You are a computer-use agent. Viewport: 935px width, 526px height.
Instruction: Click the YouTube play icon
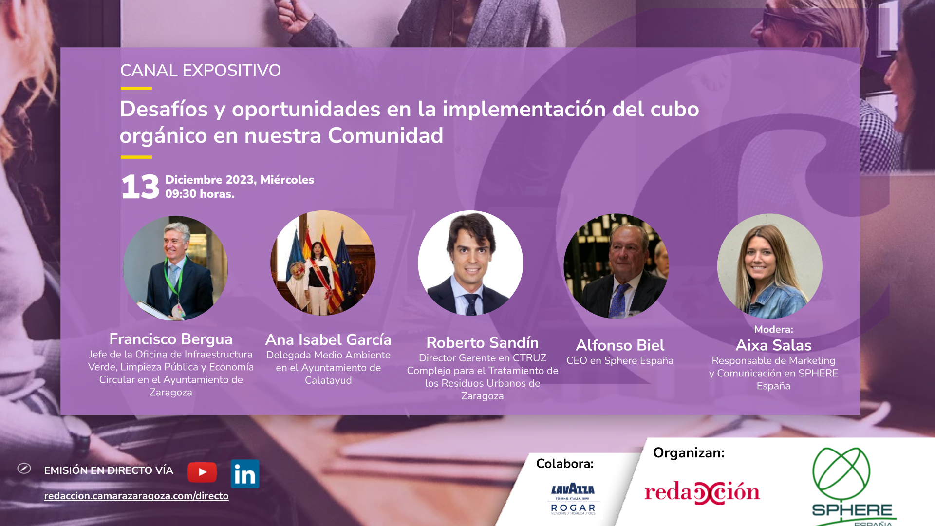click(x=202, y=472)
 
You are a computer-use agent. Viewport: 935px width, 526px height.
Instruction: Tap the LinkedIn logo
click(x=245, y=474)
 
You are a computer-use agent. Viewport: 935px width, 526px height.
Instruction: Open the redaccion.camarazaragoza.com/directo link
click(x=136, y=496)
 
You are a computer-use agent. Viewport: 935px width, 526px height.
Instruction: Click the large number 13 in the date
click(x=140, y=187)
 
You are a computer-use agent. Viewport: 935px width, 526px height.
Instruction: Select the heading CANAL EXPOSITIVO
click(x=201, y=71)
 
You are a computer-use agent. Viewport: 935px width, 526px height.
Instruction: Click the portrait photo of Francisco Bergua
click(x=175, y=268)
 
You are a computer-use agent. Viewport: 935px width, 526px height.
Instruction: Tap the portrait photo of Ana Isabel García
click(x=323, y=263)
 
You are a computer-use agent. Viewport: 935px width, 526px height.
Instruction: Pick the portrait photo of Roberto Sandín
click(x=470, y=263)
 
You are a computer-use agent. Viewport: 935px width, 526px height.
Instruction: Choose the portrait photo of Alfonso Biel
click(x=616, y=266)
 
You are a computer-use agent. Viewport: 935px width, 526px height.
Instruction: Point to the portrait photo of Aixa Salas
click(x=770, y=266)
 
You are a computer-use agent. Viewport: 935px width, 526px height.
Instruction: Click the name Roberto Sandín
click(x=483, y=342)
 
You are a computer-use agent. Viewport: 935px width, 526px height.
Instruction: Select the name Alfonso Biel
click(x=620, y=345)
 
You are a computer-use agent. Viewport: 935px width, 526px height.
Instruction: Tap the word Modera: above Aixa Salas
click(x=774, y=329)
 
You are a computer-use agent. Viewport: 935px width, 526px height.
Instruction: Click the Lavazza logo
click(x=573, y=490)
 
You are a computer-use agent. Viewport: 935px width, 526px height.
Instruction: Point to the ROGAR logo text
click(x=573, y=508)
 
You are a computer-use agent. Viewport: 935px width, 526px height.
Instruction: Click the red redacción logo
click(x=702, y=492)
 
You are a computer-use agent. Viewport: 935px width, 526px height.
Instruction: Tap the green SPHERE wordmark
click(x=852, y=510)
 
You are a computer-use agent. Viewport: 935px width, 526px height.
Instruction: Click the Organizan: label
click(x=689, y=453)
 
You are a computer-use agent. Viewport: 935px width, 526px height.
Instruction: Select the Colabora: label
click(x=565, y=464)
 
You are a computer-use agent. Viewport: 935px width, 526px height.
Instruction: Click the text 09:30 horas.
click(x=200, y=194)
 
